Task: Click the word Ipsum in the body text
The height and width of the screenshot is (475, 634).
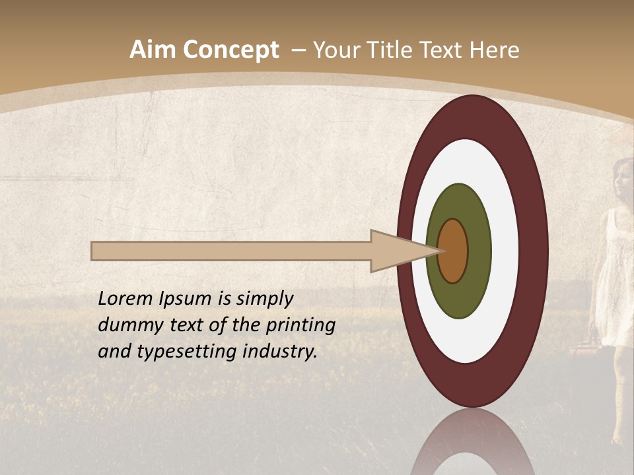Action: [x=188, y=299]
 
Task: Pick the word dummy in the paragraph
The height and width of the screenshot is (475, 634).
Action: [x=127, y=325]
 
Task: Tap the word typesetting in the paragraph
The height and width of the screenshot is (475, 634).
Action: [x=188, y=352]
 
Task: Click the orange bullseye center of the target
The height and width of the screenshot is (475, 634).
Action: [x=453, y=251]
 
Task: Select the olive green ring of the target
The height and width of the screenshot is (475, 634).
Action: [x=458, y=205]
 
